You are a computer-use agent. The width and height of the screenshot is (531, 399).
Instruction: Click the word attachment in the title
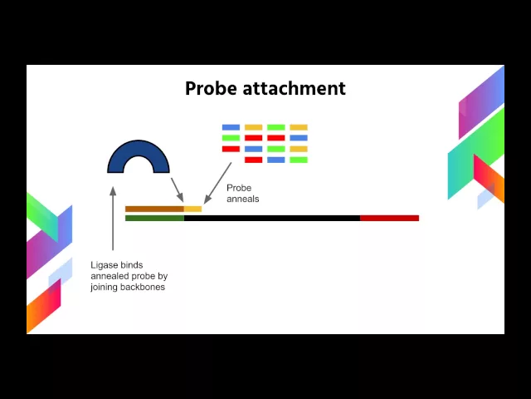coord(295,88)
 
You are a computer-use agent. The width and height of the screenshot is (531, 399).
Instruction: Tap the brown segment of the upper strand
coord(154,209)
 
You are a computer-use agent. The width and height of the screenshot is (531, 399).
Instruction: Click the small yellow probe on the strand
coord(192,209)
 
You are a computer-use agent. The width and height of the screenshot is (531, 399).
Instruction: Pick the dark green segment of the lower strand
coord(154,218)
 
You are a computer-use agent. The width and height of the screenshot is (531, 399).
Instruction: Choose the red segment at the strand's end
coord(389,218)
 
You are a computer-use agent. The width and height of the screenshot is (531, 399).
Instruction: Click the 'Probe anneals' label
coord(242,194)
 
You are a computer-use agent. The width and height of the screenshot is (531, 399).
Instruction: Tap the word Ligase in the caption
coord(105,265)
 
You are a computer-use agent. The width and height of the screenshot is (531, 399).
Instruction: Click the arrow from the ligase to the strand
coord(177,188)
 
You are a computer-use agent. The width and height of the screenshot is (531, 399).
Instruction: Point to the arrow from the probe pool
coord(218,182)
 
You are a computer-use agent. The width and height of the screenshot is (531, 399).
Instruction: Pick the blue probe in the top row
coord(231,127)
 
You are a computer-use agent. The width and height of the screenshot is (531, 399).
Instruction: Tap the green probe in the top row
coord(276,127)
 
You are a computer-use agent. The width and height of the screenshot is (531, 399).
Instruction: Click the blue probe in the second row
coord(299,138)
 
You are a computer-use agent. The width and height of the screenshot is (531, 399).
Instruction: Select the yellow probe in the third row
coord(299,149)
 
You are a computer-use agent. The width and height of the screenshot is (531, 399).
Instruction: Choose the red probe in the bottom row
coord(253,160)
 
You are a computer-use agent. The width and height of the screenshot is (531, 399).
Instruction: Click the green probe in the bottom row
coord(299,160)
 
